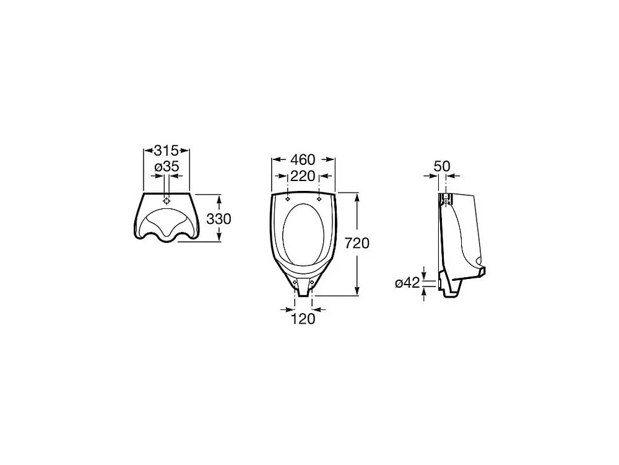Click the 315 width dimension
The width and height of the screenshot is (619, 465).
tap(166, 151)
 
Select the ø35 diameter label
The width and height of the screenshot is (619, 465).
tap(167, 167)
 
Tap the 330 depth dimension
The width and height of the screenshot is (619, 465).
tap(219, 219)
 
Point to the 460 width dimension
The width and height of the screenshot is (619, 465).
tap(303, 160)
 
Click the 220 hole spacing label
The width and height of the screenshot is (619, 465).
tap(303, 176)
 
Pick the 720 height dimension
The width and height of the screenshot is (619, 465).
tap(357, 243)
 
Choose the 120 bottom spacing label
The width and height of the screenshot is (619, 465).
tap(303, 319)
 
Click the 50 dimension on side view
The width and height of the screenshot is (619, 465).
tap(442, 166)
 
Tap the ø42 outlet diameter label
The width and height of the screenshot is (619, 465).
tap(407, 283)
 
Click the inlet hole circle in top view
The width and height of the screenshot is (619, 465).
tap(167, 201)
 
